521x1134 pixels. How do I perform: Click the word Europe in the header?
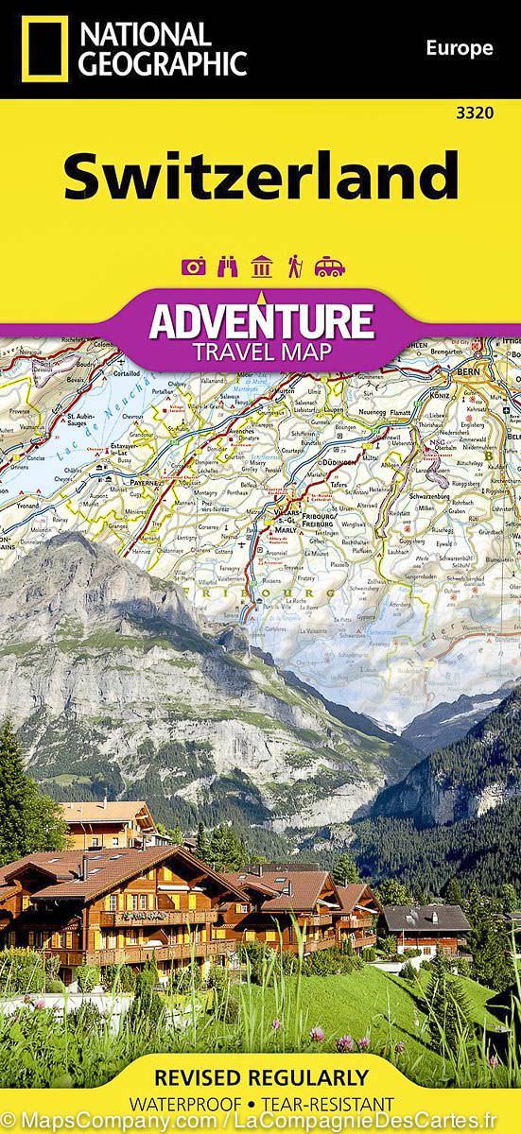coord(460,48)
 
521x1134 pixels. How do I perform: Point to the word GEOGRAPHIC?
coord(163,63)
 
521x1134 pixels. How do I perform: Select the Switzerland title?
coord(260,176)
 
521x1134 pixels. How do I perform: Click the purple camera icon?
coord(194,266)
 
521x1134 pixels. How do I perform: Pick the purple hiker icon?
coord(295,266)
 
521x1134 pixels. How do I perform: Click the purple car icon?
coord(329,266)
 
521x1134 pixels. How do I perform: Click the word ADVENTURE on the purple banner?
coord(260,321)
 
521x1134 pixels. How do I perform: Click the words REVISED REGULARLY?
coord(260,1076)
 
